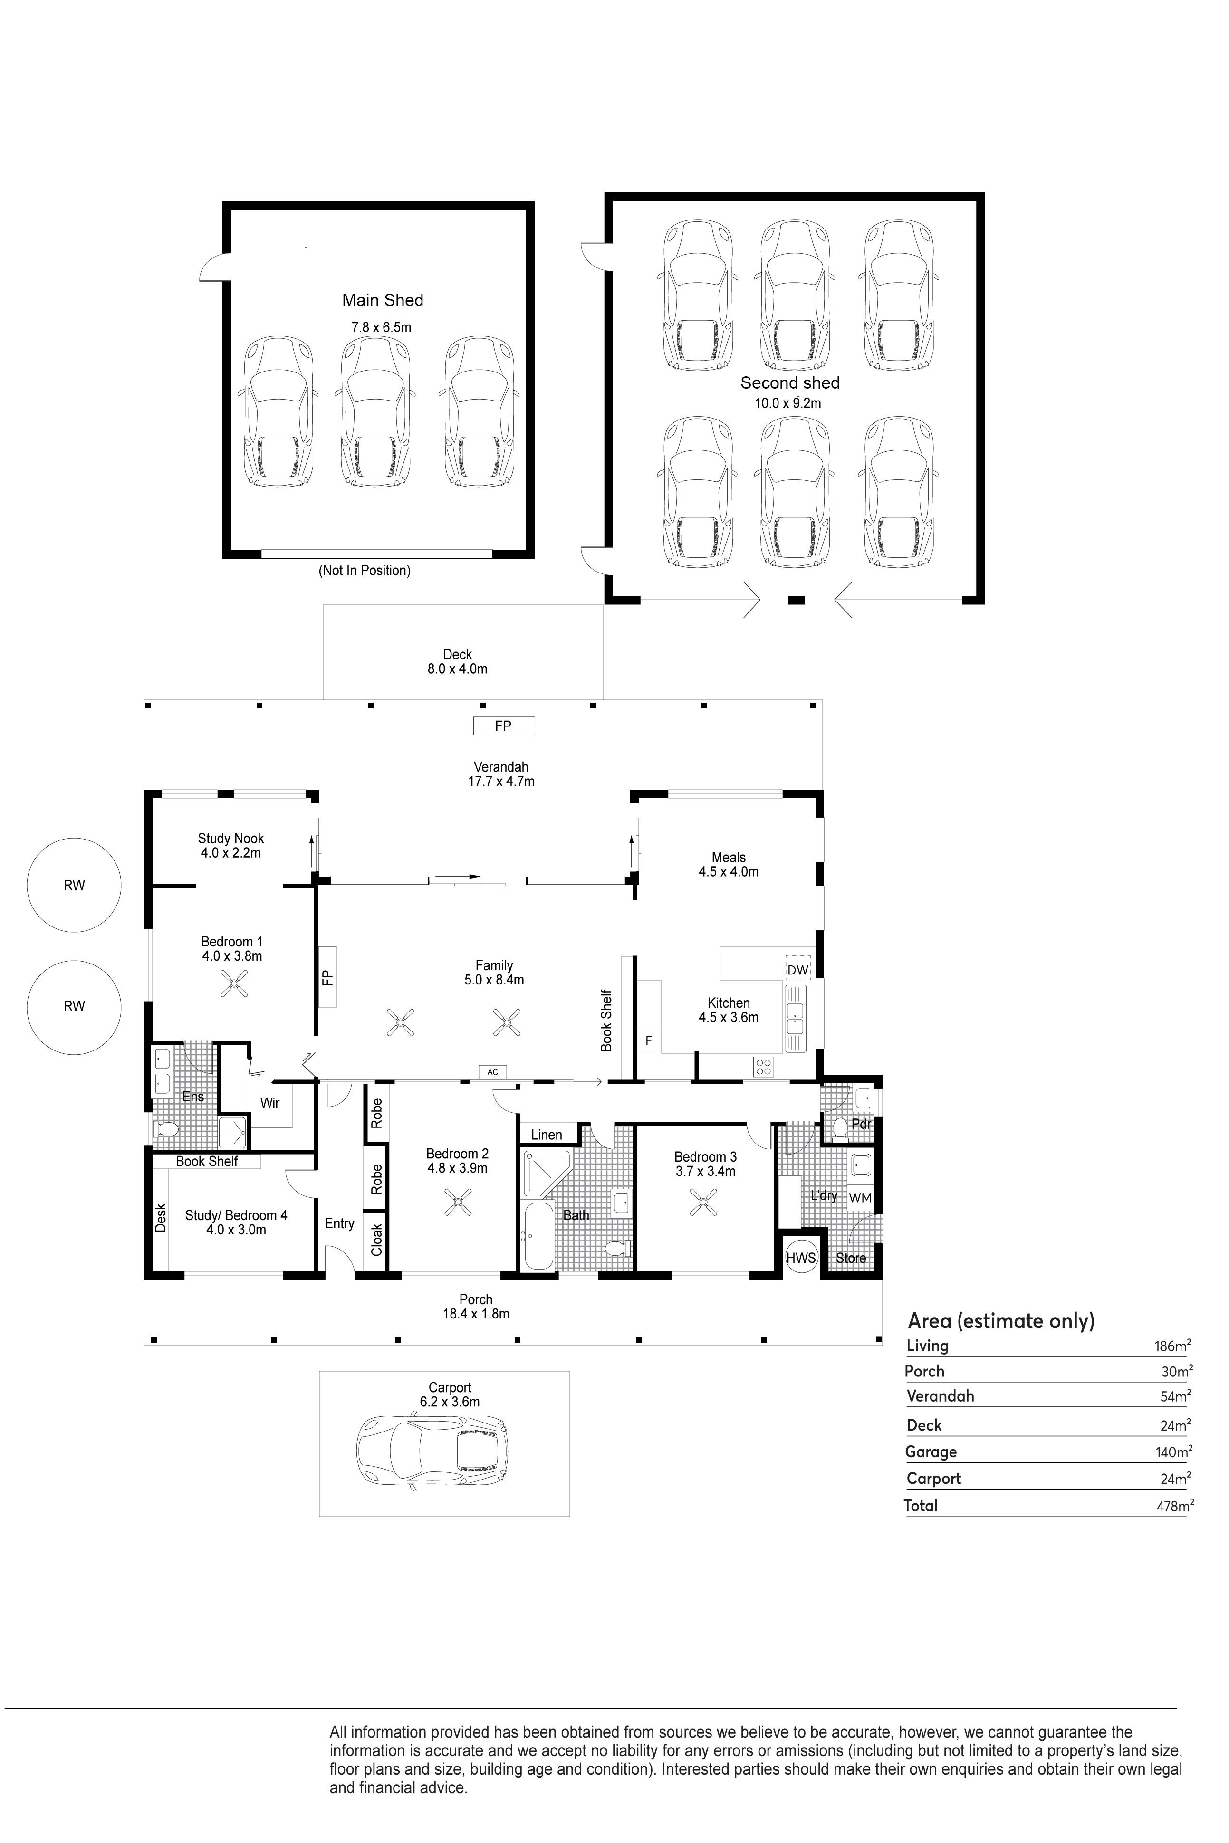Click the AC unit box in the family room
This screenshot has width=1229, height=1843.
pos(492,1072)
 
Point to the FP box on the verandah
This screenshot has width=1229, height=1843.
pos(503,726)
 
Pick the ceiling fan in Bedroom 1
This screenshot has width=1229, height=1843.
pos(233,984)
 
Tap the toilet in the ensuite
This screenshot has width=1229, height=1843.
pos(166,1130)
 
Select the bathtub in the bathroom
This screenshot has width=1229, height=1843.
pos(538,1236)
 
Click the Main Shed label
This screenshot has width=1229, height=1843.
pos(383,300)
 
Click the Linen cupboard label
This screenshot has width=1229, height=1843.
pos(547,1135)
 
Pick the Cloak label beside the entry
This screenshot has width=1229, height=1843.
pos(377,1240)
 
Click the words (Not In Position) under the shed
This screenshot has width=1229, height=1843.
pos(365,571)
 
